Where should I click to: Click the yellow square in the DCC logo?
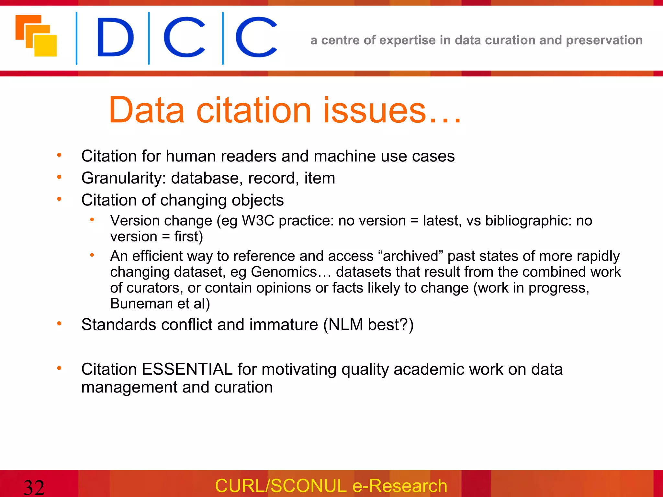(46, 46)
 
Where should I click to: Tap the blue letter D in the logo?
(115, 38)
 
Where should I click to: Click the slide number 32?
(34, 487)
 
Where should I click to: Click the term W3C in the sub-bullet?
(258, 221)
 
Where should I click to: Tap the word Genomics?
(284, 272)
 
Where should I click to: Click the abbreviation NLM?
(346, 325)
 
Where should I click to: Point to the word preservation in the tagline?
(604, 40)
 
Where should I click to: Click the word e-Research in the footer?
(400, 486)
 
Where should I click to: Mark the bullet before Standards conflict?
(59, 324)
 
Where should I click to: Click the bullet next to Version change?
(92, 220)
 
